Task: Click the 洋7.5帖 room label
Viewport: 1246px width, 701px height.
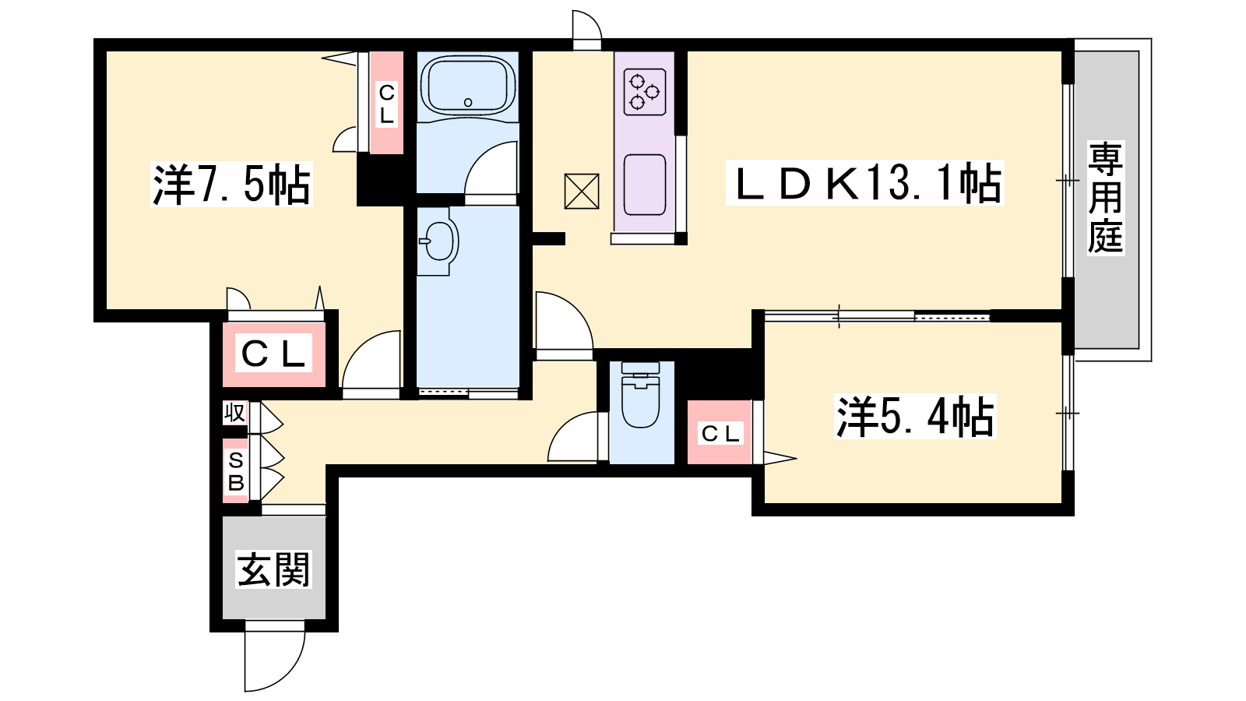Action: pos(231,185)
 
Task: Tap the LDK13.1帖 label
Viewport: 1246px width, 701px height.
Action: pos(865,183)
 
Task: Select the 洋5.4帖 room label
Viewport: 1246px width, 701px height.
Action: pos(915,417)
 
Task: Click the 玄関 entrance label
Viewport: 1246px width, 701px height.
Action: pos(273,569)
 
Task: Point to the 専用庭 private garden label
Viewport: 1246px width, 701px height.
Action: pos(1105,198)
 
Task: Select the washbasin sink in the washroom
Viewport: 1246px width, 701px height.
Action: pos(439,241)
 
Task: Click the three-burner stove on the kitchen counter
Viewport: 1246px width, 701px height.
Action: pos(645,93)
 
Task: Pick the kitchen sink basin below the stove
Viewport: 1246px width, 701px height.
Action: pos(645,185)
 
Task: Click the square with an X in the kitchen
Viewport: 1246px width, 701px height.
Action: pos(581,192)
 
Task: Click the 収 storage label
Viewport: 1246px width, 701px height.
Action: pos(234,414)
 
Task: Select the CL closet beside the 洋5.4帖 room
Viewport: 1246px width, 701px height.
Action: pos(720,433)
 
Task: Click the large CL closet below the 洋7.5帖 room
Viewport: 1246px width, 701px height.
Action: pos(273,354)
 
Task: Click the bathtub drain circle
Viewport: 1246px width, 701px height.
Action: pos(468,102)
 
